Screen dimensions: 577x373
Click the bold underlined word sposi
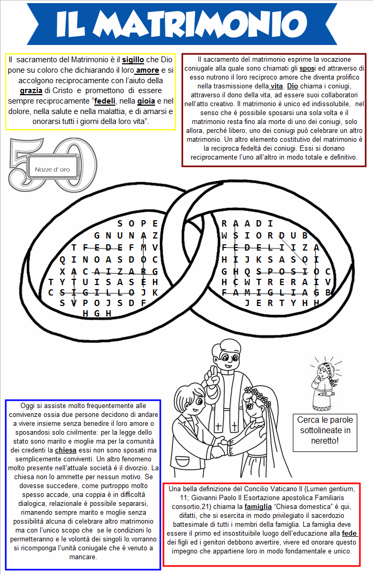[x=307, y=69]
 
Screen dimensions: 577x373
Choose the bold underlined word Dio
[x=293, y=86]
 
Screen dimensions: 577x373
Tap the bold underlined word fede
[x=349, y=533]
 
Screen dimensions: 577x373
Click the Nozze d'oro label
[x=52, y=169]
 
